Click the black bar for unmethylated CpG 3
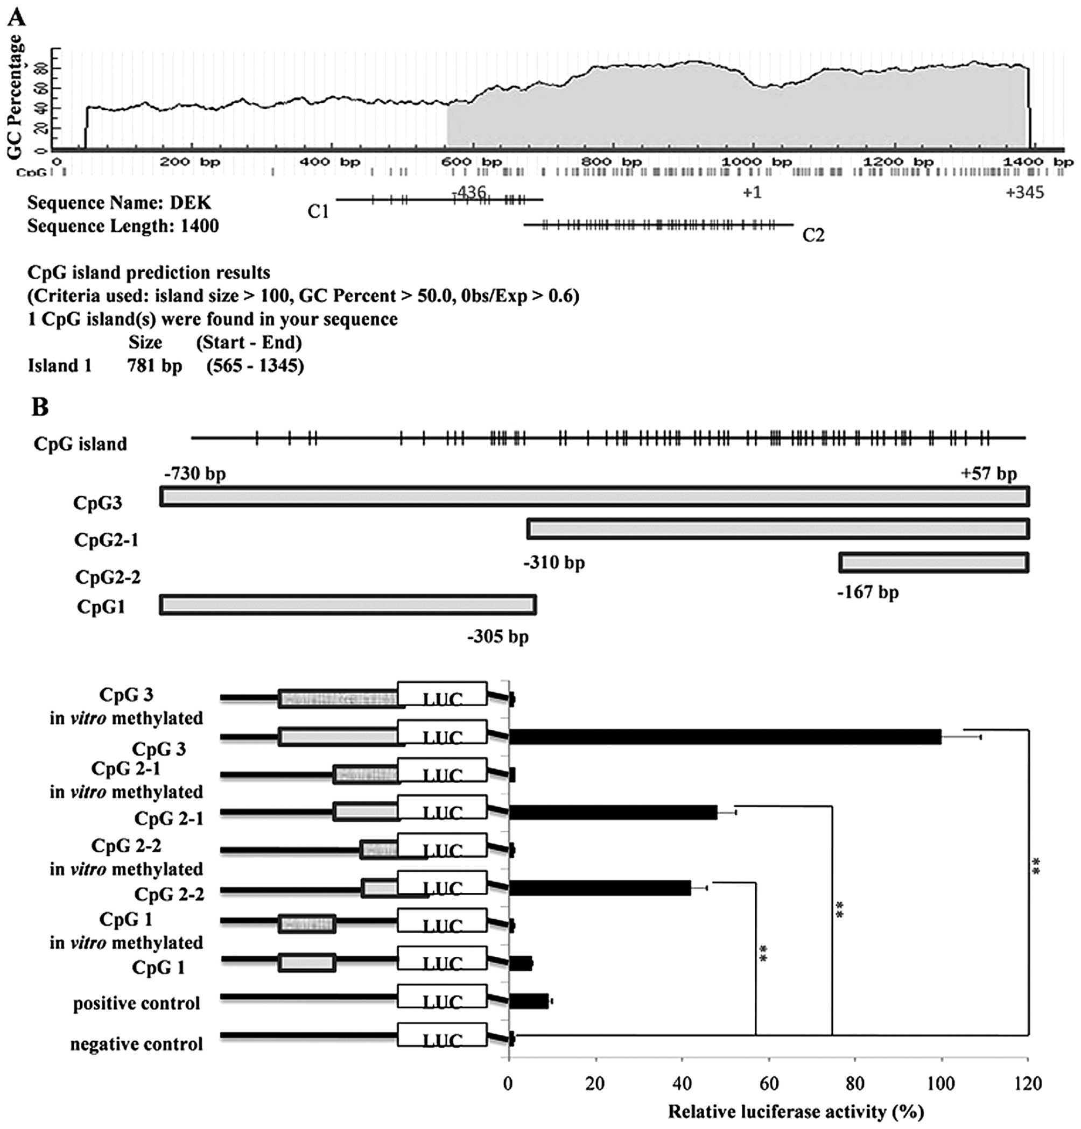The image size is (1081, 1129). [725, 737]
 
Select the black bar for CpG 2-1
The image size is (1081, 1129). [613, 812]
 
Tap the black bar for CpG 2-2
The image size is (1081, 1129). [599, 887]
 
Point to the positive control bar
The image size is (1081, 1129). [529, 1001]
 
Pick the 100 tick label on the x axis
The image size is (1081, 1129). [941, 1084]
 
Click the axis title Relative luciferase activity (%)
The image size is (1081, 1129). [795, 1111]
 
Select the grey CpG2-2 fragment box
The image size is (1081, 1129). [933, 562]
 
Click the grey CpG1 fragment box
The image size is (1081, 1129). [347, 605]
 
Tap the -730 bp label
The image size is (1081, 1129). [195, 474]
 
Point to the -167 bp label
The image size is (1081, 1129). [868, 591]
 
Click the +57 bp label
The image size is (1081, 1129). [988, 474]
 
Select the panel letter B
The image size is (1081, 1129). [40, 407]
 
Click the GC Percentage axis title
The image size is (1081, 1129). [15, 97]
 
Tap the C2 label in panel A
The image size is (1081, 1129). [813, 235]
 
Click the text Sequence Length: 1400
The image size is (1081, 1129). [123, 226]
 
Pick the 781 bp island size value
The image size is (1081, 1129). [155, 366]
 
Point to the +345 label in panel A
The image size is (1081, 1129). [1024, 193]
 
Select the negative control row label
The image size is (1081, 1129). [137, 1044]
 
